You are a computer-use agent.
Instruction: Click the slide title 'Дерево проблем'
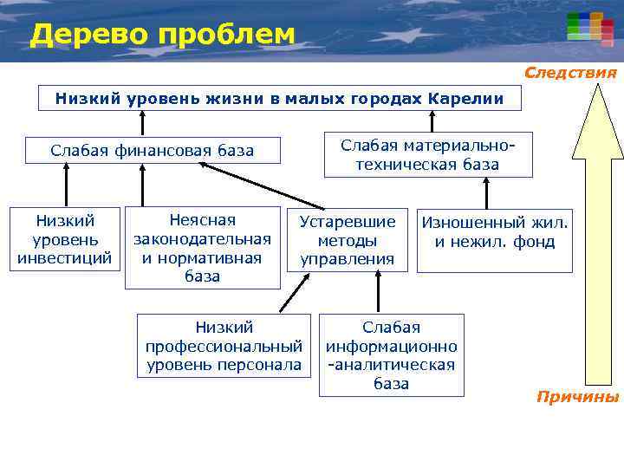[162, 35]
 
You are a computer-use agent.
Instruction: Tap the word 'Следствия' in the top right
[570, 73]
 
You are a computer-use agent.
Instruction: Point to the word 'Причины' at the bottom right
[577, 397]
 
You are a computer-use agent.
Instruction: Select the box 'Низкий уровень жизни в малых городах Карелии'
[280, 98]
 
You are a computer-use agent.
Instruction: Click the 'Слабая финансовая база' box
[153, 151]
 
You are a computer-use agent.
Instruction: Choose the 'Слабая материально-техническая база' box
[428, 154]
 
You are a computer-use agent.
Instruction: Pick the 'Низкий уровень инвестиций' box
[64, 239]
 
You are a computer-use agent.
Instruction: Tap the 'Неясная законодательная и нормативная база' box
[202, 248]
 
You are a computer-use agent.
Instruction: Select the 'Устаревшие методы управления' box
[347, 239]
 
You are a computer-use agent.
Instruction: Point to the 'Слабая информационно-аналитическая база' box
[391, 354]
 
